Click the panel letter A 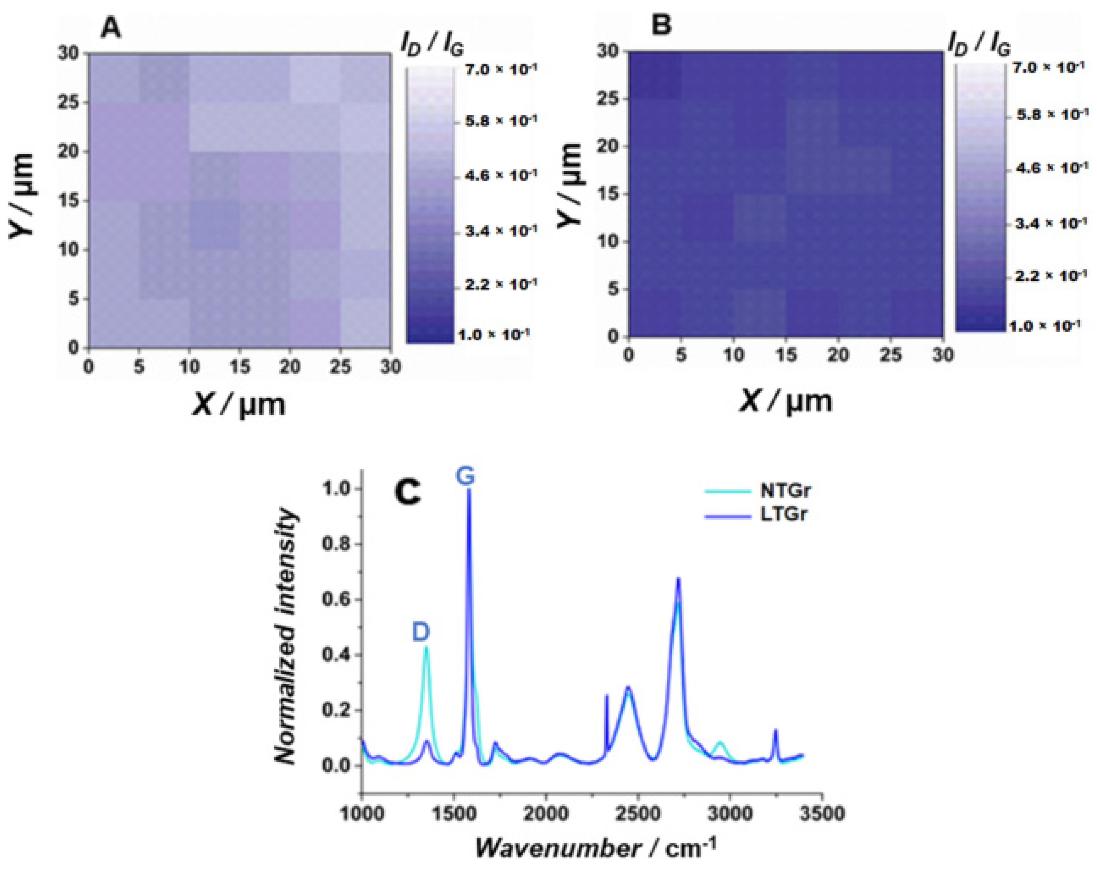111,28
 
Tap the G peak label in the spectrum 465,477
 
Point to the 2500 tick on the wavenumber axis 638,813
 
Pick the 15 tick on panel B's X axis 786,355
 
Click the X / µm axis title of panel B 786,401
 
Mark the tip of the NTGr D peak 426,647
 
